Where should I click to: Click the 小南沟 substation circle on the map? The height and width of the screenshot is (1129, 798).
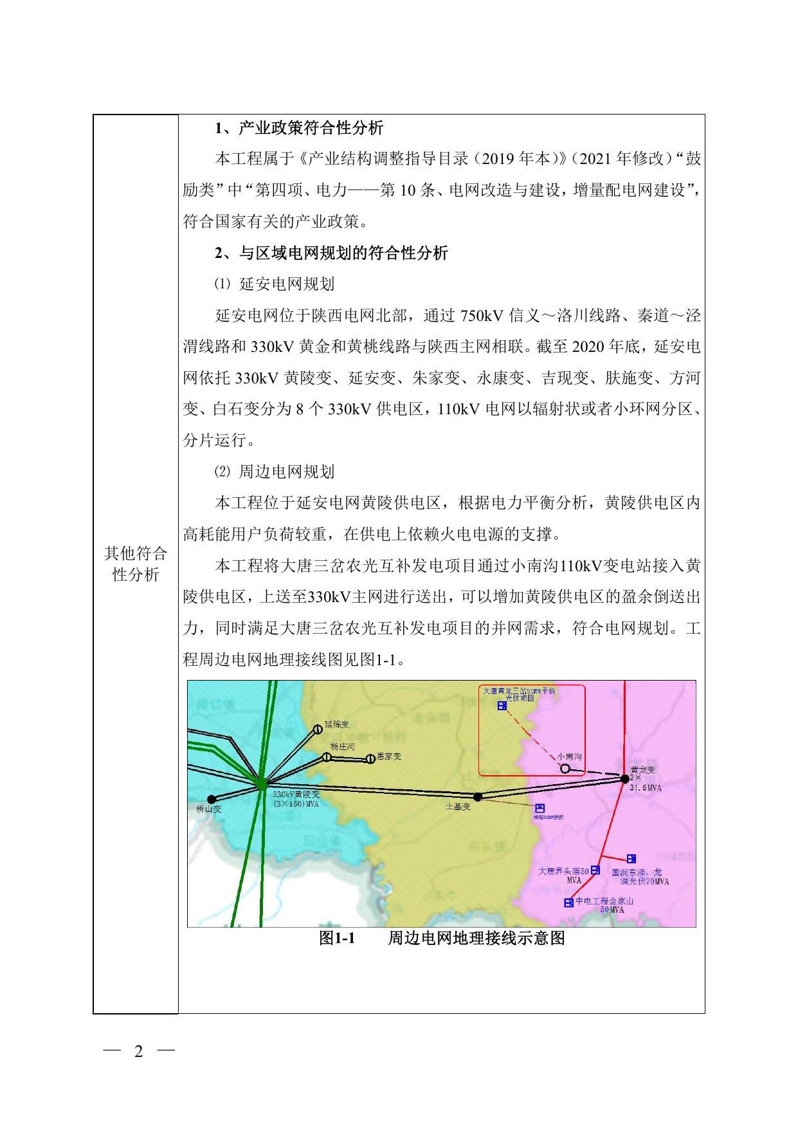click(x=565, y=768)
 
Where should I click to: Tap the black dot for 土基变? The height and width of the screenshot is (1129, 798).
click(x=477, y=796)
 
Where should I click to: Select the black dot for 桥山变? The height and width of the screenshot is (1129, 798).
click(x=212, y=800)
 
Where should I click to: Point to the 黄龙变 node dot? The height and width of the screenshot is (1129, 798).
click(x=624, y=778)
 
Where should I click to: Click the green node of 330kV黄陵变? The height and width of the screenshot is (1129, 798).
click(x=261, y=784)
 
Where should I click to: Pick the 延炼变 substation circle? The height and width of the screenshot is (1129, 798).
click(x=317, y=730)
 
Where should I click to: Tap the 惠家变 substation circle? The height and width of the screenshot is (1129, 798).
click(x=370, y=759)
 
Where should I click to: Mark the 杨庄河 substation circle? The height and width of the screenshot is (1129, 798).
click(x=327, y=757)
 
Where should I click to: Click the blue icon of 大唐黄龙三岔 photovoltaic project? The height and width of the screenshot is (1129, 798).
click(x=502, y=706)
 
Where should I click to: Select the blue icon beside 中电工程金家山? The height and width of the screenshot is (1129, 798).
click(x=568, y=903)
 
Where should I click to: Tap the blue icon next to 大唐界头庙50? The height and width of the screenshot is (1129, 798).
click(x=595, y=870)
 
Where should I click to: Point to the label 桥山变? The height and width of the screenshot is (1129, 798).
click(x=209, y=809)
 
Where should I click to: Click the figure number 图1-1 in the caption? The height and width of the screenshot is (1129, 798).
click(x=337, y=939)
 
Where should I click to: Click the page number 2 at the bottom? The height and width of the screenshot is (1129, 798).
click(x=138, y=1051)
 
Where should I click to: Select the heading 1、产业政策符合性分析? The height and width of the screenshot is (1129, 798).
click(x=299, y=128)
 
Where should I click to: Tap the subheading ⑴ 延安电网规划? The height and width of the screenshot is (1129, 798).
click(x=275, y=284)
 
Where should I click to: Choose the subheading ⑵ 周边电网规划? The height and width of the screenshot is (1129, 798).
click(x=275, y=472)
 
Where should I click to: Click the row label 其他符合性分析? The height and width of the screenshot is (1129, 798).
click(x=136, y=564)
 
